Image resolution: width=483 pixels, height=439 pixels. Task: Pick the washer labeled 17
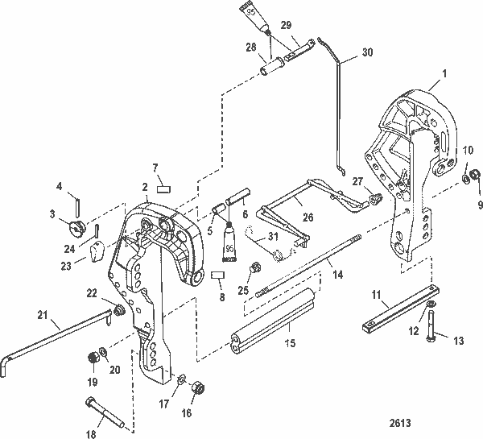(182, 379)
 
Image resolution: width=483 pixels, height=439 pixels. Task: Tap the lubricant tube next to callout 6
(230, 237)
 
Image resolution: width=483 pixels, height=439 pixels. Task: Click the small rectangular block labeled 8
(216, 275)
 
